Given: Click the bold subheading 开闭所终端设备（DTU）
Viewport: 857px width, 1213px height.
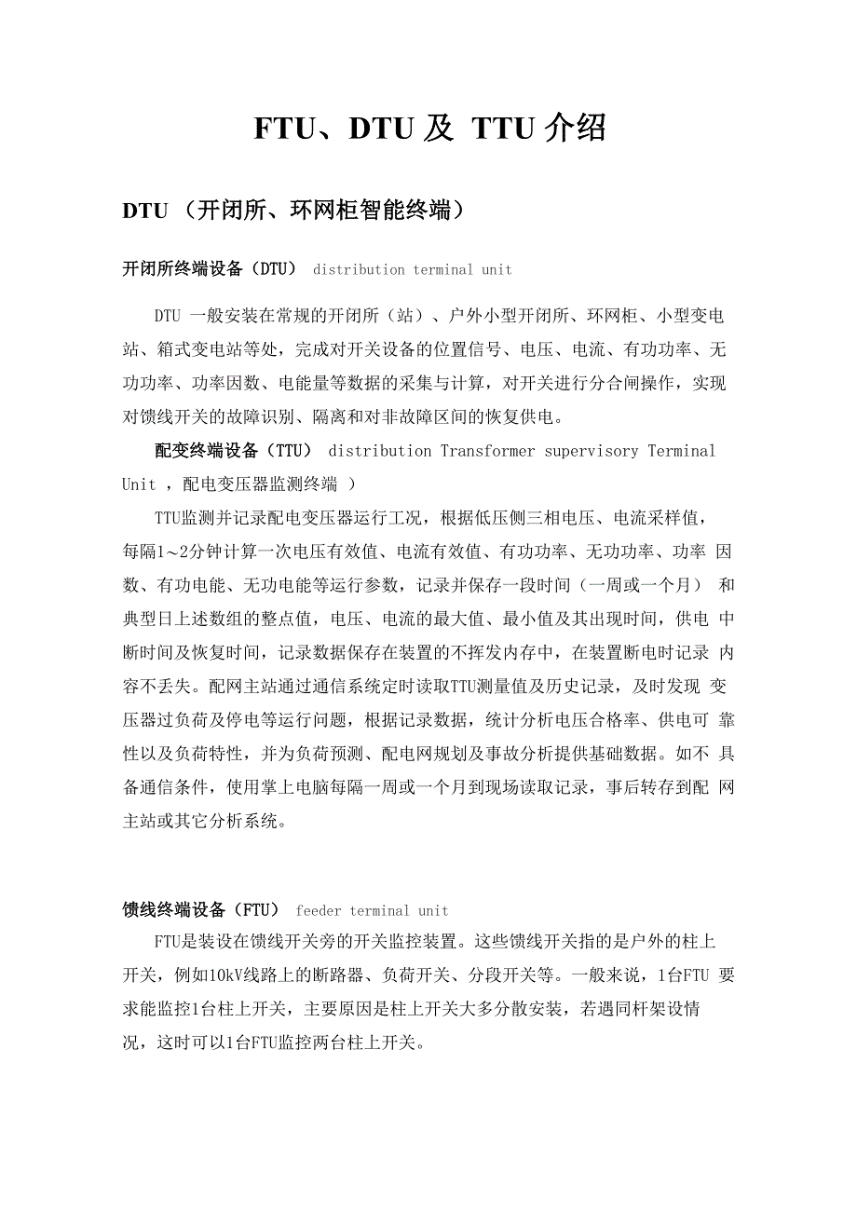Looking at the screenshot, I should (x=210, y=269).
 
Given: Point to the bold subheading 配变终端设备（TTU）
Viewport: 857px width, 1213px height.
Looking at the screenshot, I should (x=234, y=451).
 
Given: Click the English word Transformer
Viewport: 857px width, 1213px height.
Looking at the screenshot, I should (x=488, y=451).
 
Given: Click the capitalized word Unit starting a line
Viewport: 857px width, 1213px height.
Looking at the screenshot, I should (x=139, y=484).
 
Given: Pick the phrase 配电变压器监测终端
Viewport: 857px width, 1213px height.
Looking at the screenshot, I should (x=260, y=484).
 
